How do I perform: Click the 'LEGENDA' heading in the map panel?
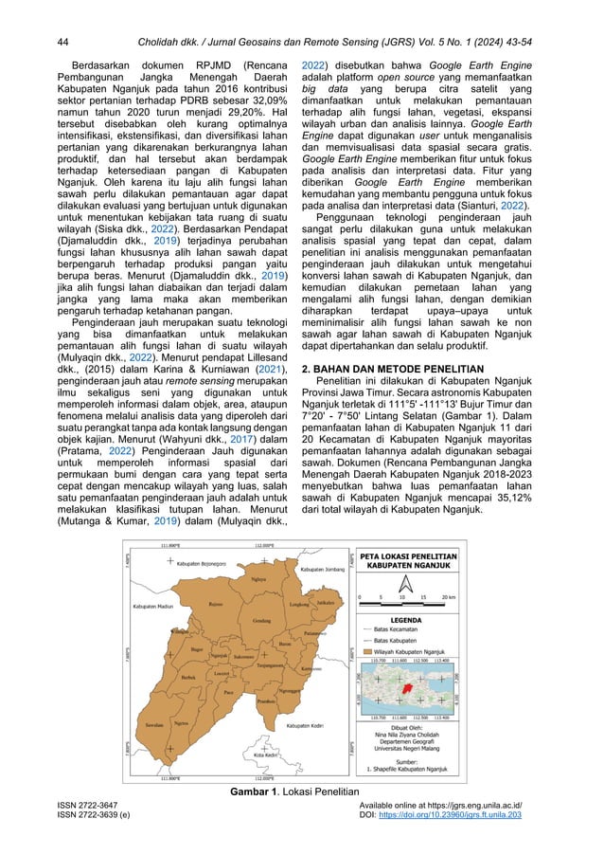pyautogui.click(x=408, y=617)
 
